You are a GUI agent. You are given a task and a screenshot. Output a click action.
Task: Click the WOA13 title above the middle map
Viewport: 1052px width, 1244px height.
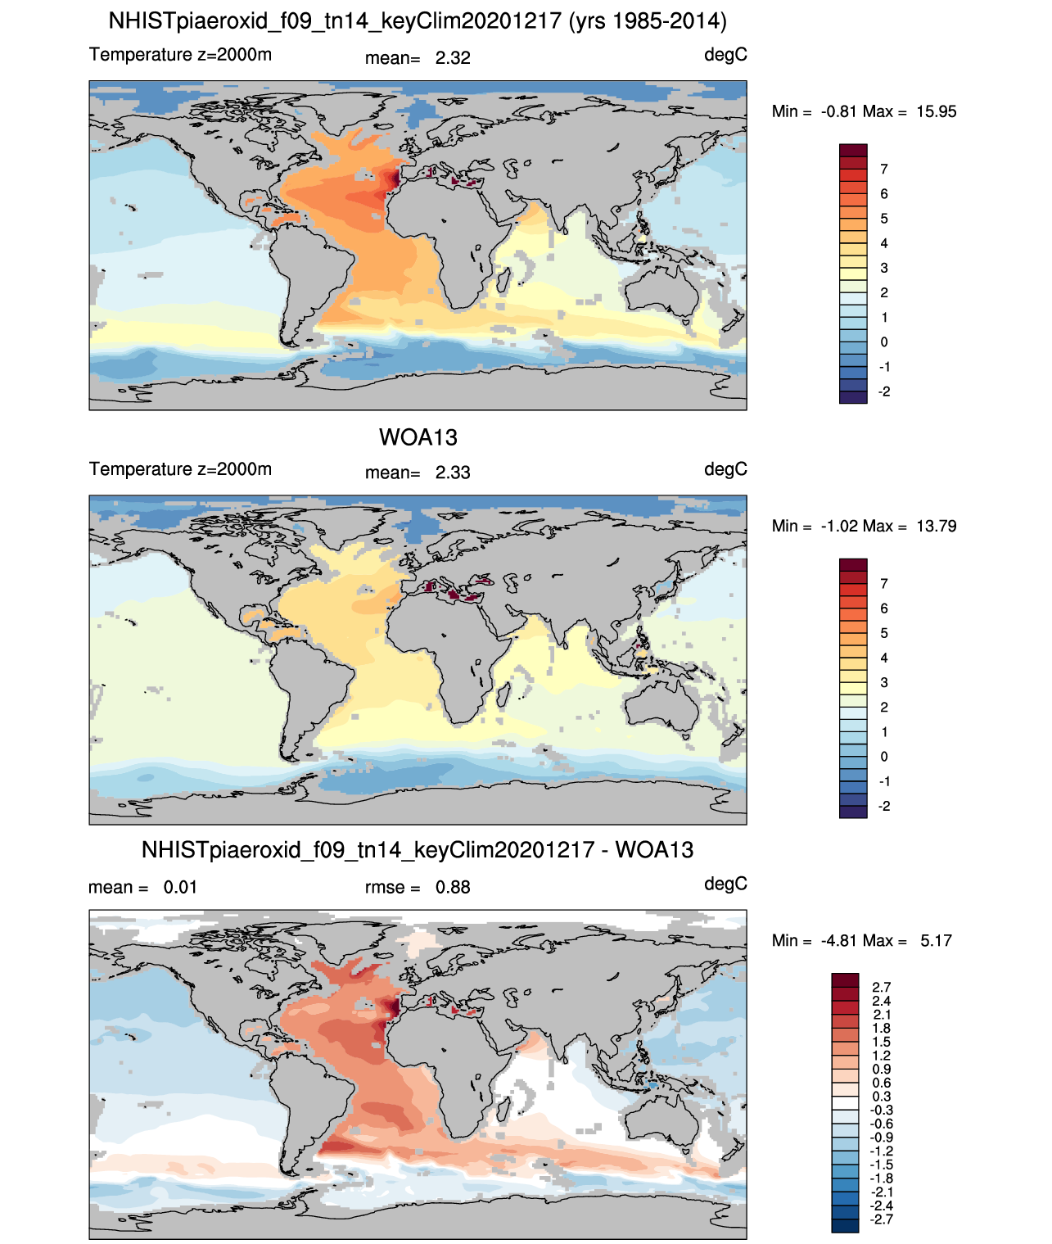pos(418,437)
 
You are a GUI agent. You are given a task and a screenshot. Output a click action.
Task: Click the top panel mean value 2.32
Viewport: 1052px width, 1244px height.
pos(452,58)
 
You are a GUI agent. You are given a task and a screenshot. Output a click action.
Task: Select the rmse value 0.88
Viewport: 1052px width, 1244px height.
pos(452,887)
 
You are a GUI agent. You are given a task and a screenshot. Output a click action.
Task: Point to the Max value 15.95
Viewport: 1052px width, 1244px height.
pos(936,111)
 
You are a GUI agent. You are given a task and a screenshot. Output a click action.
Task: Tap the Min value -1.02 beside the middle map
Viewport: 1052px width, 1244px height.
pos(839,526)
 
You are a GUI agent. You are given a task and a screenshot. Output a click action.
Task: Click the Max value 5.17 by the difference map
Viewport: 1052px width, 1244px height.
pos(936,941)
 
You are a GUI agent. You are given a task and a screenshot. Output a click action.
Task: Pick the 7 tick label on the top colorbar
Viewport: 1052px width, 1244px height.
pos(883,170)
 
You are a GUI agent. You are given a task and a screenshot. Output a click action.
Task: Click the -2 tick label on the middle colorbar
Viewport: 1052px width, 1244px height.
pos(883,806)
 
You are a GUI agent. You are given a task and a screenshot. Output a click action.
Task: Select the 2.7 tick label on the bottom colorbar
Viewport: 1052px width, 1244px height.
pos(881,987)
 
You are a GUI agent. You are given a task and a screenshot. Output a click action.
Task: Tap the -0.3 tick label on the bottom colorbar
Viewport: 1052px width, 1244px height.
pos(881,1110)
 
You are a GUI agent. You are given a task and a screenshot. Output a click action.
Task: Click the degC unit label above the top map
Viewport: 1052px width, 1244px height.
pos(725,55)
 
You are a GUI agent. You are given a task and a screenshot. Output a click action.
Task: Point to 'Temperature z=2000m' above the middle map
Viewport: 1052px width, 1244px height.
pos(180,468)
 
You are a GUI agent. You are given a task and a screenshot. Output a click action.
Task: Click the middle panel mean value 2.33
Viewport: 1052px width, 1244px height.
pos(452,473)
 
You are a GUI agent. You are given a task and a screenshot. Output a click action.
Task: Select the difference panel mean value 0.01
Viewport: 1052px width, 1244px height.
pos(180,887)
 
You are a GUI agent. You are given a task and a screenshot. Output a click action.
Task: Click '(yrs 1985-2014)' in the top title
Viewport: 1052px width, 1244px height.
pos(648,21)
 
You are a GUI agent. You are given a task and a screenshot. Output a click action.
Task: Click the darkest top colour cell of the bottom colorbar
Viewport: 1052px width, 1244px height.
pos(845,979)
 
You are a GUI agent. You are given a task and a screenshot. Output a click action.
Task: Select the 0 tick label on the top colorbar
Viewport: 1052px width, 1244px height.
pos(883,342)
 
